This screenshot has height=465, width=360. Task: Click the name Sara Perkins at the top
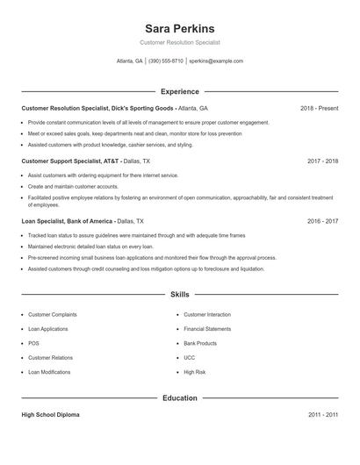point(180,28)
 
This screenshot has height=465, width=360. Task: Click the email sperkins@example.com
point(216,61)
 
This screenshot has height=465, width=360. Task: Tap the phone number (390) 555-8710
point(166,61)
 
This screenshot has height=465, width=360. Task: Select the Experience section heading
point(180,91)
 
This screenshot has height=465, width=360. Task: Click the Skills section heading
point(180,295)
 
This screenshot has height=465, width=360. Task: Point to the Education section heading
point(180,398)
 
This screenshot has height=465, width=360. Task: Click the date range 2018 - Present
point(319,109)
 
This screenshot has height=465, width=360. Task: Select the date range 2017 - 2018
point(323,161)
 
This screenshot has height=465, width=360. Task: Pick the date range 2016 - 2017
point(323,222)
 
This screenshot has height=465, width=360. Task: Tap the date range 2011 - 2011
point(323,415)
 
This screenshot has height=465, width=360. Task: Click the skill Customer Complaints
point(52,314)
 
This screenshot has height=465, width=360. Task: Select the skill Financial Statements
point(207,329)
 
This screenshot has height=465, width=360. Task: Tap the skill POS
point(33,343)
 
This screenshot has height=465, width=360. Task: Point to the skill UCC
point(190,358)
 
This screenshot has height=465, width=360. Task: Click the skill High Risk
point(194,372)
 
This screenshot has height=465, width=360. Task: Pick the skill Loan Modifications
point(49,372)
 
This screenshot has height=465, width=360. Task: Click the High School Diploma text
point(50,415)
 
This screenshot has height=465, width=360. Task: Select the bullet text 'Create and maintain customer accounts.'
point(73,187)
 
